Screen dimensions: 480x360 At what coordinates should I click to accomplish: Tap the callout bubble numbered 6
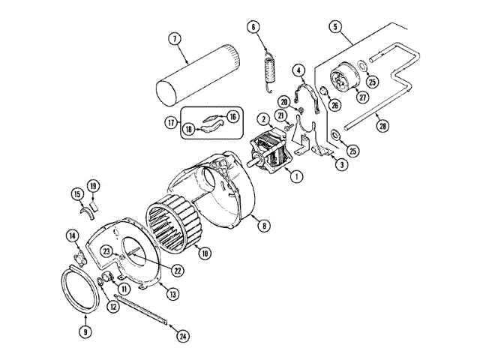[253, 28]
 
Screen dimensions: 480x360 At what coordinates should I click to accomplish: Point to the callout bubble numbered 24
[183, 336]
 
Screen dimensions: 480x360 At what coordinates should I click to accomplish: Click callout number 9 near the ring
[85, 331]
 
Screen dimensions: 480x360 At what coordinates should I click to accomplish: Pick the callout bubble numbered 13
[173, 294]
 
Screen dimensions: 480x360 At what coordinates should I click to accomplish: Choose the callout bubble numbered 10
[204, 253]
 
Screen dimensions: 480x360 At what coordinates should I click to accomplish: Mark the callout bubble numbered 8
[262, 223]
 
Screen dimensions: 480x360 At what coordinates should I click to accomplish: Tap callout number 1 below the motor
[296, 177]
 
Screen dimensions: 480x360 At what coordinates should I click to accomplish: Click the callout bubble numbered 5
[335, 27]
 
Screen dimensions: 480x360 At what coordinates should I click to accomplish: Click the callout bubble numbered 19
[93, 185]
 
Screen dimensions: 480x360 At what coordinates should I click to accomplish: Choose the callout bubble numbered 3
[341, 164]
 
